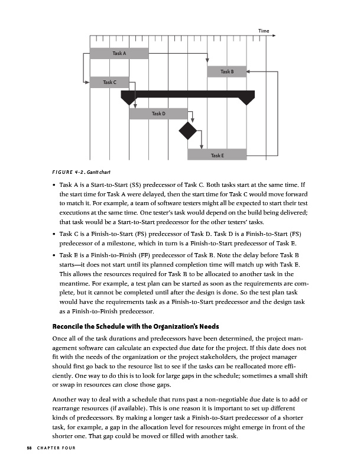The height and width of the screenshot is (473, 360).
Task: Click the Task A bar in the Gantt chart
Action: (119, 53)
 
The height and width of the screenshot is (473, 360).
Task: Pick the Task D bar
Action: (158, 113)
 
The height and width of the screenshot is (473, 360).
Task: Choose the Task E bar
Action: (217, 155)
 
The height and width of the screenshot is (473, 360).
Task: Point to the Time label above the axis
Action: (264, 31)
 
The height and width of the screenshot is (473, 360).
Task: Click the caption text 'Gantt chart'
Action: (85, 172)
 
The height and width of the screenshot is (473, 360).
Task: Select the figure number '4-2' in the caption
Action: (63, 172)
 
